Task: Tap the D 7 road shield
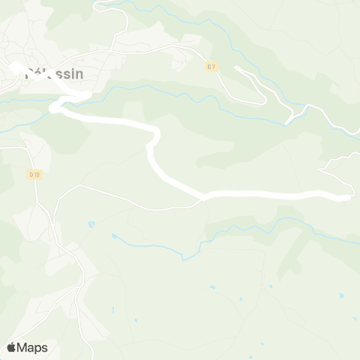[x=212, y=67]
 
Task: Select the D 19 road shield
[x=35, y=174]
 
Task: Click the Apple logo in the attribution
[x=11, y=347]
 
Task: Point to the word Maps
[x=33, y=347]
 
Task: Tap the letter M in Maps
[x=23, y=347]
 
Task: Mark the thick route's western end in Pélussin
[x=16, y=67]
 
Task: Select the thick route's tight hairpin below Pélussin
[x=54, y=109]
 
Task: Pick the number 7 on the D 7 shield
[x=214, y=67]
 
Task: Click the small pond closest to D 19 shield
[x=90, y=223]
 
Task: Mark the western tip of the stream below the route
[x=113, y=236]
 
